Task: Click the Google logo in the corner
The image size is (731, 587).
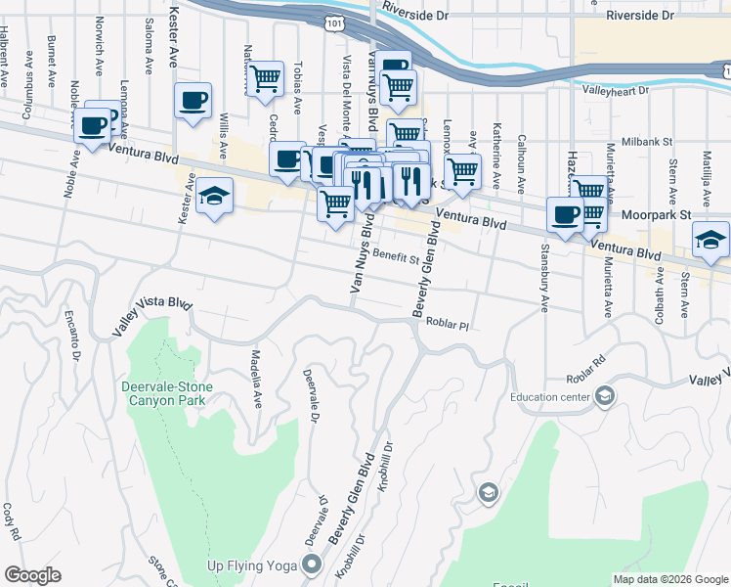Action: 33,575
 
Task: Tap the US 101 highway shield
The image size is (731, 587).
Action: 335,20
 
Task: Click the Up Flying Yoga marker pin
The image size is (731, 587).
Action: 312,563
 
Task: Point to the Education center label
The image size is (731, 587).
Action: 550,397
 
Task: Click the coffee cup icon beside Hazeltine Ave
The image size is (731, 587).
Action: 564,215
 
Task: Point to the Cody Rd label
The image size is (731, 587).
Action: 13,521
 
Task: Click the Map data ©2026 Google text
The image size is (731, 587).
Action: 669,578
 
